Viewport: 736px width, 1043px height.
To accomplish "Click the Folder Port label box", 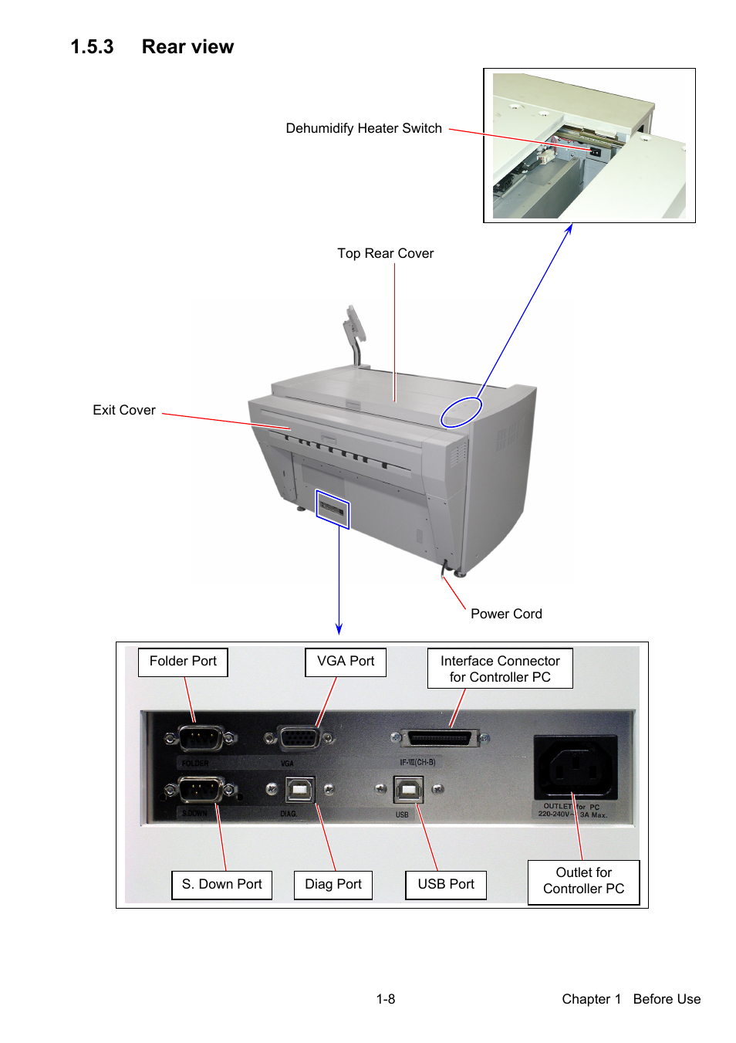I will [x=183, y=662].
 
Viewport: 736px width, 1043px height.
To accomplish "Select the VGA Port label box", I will [x=346, y=662].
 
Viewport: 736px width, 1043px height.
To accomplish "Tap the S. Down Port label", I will [x=221, y=885].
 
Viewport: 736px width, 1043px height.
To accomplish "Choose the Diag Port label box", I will [x=333, y=885].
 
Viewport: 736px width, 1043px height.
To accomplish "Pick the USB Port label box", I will [x=446, y=885].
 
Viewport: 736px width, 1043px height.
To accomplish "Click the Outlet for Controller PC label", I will [x=583, y=881].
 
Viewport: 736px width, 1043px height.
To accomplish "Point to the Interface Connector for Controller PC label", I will [x=500, y=669].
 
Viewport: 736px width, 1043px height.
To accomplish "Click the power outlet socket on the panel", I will [x=576, y=767].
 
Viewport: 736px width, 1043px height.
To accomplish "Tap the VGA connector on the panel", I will [x=299, y=738].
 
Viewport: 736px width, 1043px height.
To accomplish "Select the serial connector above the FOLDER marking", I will [x=201, y=738].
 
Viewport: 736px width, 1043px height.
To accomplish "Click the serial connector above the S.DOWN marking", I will [x=201, y=790].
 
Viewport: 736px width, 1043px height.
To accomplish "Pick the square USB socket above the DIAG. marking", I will [x=300, y=790].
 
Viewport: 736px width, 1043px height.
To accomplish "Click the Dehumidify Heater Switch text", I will [x=363, y=128].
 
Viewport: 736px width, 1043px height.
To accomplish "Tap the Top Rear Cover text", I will [x=385, y=253].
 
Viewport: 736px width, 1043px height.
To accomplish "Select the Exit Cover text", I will [x=124, y=410].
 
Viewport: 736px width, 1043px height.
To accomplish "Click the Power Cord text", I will [x=506, y=614].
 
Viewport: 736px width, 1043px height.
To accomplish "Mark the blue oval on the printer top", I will [x=461, y=412].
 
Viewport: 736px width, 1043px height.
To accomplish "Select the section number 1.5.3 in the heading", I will [x=92, y=47].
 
